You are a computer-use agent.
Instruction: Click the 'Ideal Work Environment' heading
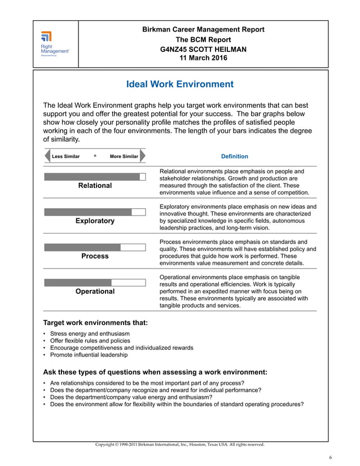[180, 85]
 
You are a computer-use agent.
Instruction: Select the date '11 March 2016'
[203, 58]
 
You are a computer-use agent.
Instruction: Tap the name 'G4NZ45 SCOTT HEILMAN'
[203, 49]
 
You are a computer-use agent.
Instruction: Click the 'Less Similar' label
[65, 156]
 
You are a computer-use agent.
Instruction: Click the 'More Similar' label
[124, 156]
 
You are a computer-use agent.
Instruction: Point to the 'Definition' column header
[234, 156]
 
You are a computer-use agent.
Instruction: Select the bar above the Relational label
[95, 177]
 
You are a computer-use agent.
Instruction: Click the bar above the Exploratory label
[95, 212]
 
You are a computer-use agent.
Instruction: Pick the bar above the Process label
[95, 247]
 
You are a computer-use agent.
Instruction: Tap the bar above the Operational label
[95, 282]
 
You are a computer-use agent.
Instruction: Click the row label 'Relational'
[95, 186]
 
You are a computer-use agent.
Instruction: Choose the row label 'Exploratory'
[95, 221]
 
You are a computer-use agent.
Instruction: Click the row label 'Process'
[95, 256]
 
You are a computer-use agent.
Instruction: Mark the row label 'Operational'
[95, 292]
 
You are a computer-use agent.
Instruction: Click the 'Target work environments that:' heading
[95, 323]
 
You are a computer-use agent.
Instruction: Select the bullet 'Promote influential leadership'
[89, 355]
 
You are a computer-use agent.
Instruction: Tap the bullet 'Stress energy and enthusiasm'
[89, 334]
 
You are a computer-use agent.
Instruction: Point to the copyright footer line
[179, 445]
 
